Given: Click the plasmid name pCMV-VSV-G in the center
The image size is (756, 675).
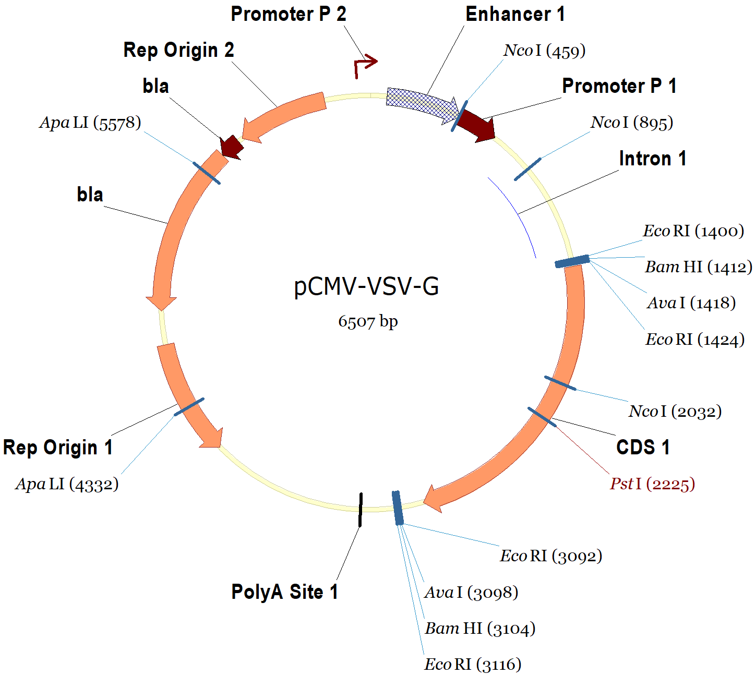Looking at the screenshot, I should [x=366, y=286].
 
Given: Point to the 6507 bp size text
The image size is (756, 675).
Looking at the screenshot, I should [x=368, y=321].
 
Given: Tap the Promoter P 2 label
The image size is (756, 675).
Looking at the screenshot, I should [x=289, y=14].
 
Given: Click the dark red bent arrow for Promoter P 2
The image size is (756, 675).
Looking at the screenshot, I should [x=364, y=65].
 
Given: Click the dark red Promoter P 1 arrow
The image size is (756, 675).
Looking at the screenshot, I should [x=477, y=125].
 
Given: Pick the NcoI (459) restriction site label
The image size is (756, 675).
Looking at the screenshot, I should [x=544, y=51].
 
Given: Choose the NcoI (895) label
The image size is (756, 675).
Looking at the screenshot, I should [x=631, y=123].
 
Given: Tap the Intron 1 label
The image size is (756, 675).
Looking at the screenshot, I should [x=652, y=159].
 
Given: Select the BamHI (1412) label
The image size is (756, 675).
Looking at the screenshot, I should [x=698, y=267].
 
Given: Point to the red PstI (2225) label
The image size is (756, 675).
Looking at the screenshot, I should [x=652, y=484].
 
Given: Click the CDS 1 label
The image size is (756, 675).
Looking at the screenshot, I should [x=643, y=448].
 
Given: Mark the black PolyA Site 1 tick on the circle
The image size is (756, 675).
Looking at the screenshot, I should [x=361, y=509].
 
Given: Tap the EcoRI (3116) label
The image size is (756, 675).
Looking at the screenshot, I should [x=473, y=665].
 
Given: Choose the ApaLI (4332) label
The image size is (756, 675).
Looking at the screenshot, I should [x=67, y=484].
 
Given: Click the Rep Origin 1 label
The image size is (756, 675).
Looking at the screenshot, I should [x=58, y=448].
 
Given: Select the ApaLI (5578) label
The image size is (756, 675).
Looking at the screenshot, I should [x=90, y=123].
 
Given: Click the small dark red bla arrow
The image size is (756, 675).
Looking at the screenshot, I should [x=231, y=148].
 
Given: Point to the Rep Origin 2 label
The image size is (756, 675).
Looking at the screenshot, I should [x=178, y=50].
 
